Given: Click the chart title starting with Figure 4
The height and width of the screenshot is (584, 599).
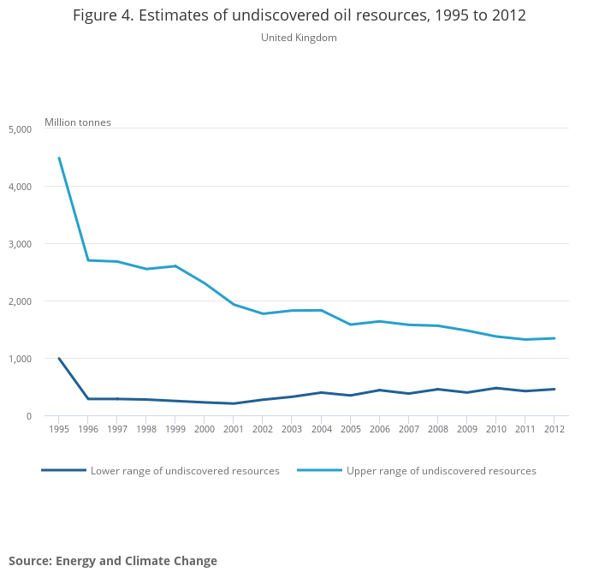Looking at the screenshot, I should [x=299, y=16].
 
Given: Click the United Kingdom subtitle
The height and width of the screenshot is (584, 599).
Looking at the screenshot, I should [x=299, y=38].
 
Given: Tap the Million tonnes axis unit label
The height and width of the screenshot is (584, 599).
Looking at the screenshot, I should [x=78, y=122].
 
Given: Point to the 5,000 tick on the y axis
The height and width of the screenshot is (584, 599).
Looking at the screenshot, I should [x=20, y=129].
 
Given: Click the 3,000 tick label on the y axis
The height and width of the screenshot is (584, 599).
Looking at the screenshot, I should [x=20, y=244].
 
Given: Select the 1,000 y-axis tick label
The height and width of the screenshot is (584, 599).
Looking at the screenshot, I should [x=20, y=359].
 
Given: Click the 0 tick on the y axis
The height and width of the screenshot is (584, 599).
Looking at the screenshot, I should [x=28, y=416].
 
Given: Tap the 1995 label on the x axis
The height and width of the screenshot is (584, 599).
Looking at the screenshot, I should [x=59, y=430].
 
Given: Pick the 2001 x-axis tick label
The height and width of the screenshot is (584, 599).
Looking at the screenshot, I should [x=234, y=430].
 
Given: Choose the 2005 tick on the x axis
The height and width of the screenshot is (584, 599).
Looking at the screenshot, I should [x=350, y=430].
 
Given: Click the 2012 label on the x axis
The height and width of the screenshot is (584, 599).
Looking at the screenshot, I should [x=554, y=430].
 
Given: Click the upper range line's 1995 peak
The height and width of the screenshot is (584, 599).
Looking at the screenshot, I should [x=59, y=158].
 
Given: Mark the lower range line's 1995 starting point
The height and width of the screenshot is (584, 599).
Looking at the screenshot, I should [x=59, y=359].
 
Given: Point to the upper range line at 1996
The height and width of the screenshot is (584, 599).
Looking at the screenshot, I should [x=88, y=260].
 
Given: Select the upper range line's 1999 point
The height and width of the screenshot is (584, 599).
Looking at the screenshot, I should [x=175, y=266].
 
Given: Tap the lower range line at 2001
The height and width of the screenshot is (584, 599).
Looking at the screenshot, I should [x=234, y=403].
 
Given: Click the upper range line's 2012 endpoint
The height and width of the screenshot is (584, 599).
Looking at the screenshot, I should [x=554, y=338].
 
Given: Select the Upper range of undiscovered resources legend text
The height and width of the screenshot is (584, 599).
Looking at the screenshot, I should [x=441, y=471].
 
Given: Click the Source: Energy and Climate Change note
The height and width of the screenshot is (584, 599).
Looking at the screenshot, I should [x=113, y=561].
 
